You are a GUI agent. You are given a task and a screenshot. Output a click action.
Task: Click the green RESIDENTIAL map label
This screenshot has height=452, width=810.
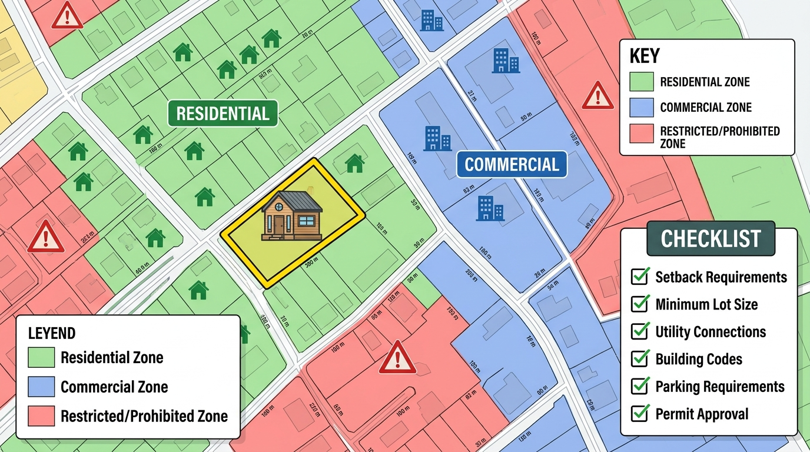[x=223, y=114]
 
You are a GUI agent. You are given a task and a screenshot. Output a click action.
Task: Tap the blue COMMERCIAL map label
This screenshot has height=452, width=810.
[x=512, y=164]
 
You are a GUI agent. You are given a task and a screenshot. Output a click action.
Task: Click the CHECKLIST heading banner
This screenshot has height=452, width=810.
[x=711, y=239]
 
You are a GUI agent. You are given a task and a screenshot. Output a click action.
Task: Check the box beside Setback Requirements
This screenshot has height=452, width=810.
[x=640, y=277]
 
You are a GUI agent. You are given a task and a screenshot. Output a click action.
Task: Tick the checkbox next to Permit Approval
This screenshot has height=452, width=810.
[x=640, y=414]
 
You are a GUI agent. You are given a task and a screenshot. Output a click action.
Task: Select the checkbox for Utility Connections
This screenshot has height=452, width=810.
[x=640, y=331]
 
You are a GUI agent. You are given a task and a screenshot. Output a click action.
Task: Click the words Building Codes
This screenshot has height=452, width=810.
[x=699, y=359]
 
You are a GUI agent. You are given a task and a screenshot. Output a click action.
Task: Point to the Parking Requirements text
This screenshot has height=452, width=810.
[x=719, y=387]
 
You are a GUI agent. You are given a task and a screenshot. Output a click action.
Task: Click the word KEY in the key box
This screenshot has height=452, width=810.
[x=645, y=56]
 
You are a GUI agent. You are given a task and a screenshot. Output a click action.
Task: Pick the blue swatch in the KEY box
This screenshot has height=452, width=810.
[x=641, y=108]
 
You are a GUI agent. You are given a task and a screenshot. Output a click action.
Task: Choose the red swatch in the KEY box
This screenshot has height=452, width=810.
[x=641, y=134]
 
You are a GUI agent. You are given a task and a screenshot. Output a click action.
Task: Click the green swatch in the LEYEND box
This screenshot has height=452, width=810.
[x=41, y=357]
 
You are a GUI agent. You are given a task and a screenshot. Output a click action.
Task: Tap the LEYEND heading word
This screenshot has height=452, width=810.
[x=52, y=334]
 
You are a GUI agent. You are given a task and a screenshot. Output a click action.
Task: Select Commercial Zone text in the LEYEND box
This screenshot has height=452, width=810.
[x=114, y=387]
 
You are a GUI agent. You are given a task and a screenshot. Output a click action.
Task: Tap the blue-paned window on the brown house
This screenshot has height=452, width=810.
[x=306, y=221]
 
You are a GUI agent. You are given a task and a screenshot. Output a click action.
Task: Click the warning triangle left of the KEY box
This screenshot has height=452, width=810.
[x=597, y=97]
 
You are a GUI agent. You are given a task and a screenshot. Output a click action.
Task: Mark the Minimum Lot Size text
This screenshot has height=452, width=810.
[x=706, y=304]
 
